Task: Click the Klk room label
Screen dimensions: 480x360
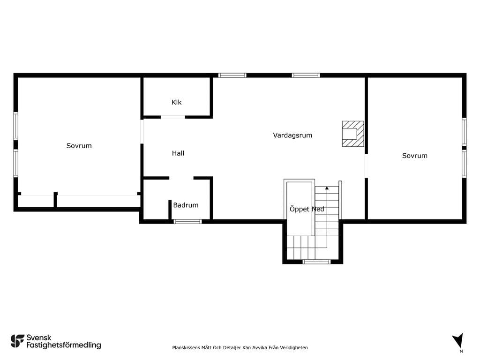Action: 177,102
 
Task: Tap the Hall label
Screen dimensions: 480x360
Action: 178,153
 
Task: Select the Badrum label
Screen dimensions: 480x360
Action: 186,205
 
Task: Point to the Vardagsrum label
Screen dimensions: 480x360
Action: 292,135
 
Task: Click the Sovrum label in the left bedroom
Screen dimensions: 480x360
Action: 79,146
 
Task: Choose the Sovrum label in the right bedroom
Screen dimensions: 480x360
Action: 415,156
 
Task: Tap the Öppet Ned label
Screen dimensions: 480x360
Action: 307,209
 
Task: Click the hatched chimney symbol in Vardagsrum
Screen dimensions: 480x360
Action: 353,134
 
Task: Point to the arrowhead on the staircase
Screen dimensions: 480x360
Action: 327,188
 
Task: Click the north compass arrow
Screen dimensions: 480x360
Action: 458,341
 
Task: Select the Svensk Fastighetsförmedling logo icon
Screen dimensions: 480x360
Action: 17,341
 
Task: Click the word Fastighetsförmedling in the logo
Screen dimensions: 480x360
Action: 64,345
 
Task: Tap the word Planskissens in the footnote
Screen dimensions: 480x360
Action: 186,348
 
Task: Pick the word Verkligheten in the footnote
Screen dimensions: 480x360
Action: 294,347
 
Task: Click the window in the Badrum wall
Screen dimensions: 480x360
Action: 187,222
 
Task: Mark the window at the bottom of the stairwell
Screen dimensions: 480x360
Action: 316,262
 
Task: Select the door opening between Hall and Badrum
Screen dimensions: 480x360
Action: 181,178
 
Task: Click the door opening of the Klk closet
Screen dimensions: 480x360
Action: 172,117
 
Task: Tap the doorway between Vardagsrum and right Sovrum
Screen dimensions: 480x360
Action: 366,165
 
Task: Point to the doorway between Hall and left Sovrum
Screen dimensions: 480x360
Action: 142,132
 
